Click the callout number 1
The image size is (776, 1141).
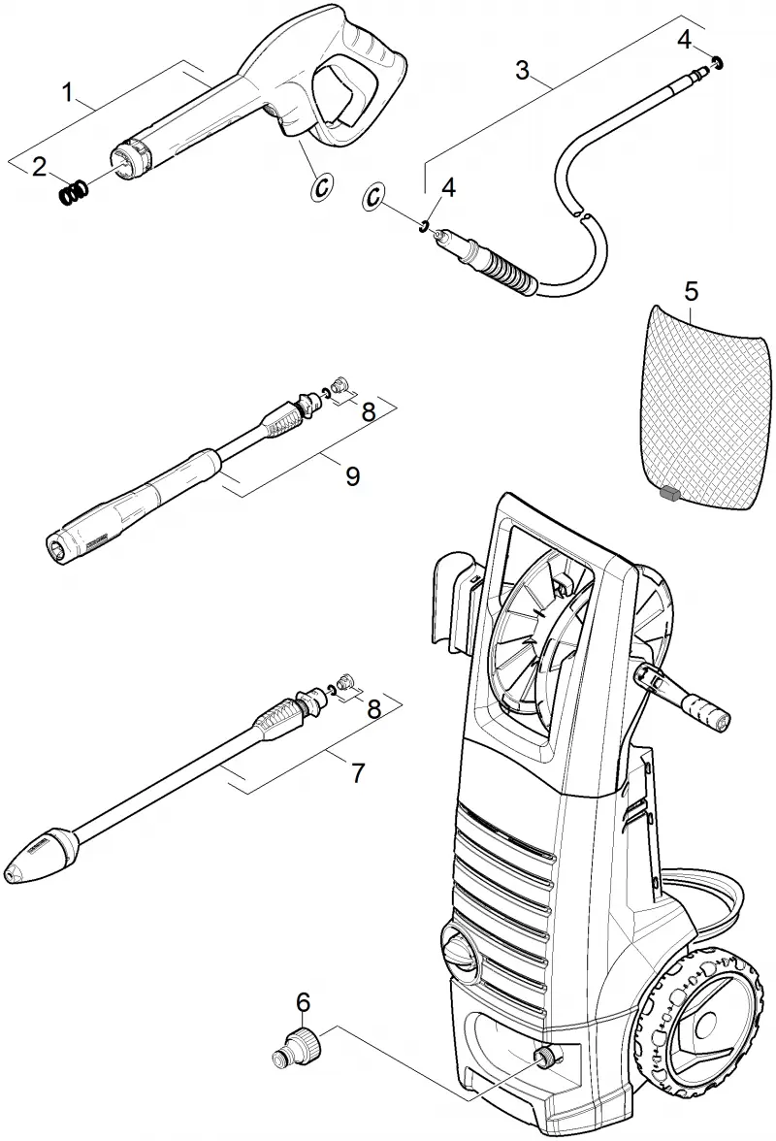68,92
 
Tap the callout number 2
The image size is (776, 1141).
39,166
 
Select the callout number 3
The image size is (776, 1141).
522,71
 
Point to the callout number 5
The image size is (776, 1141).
691,292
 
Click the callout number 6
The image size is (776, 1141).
304,1002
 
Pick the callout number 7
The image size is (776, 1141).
357,773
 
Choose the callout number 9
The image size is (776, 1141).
352,476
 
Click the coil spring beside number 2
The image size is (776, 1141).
74,194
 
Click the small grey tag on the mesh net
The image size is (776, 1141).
667,494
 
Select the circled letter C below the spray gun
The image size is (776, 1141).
321,187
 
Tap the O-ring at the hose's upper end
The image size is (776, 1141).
718,62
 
